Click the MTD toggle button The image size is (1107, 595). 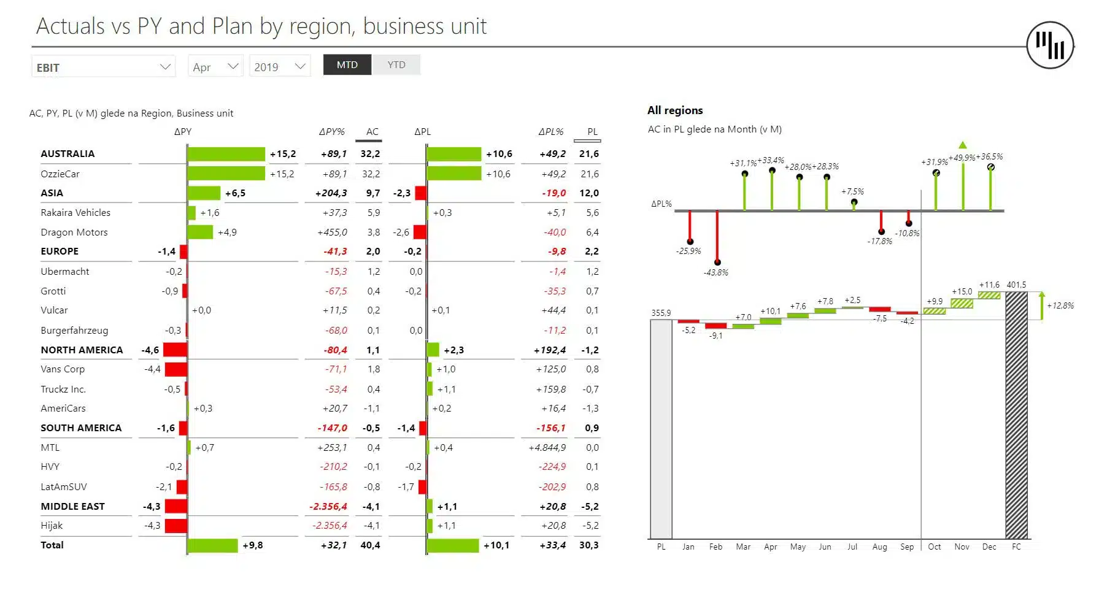pos(347,65)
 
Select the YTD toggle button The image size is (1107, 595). pos(396,65)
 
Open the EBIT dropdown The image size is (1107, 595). pos(103,67)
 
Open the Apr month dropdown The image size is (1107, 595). pos(215,67)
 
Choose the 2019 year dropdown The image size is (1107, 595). pos(279,67)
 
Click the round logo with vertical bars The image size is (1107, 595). pos(1050,45)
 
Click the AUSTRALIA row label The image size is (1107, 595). pos(67,154)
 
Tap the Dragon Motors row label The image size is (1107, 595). pos(74,232)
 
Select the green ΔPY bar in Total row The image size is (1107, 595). pos(212,545)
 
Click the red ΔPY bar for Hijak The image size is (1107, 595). pos(175,526)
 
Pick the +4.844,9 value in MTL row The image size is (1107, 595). pos(547,448)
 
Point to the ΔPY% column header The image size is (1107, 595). pos(331,132)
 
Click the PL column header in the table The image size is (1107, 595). pos(592,132)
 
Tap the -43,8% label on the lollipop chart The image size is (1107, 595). pos(715,272)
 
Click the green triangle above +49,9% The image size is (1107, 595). pos(962,145)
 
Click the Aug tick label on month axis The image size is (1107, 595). pos(879,547)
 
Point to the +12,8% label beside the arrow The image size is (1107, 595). pos(1060,305)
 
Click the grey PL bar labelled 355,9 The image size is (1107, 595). pos(661,429)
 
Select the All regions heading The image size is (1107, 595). pos(675,110)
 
